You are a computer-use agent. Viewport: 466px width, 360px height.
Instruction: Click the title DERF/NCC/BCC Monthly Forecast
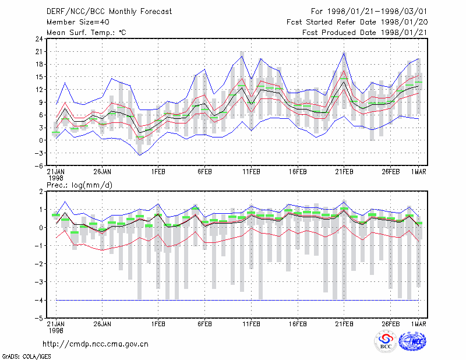pos(109,12)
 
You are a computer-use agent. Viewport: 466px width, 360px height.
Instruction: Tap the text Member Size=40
pos(78,22)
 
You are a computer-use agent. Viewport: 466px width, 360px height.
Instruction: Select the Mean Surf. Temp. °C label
pos(86,33)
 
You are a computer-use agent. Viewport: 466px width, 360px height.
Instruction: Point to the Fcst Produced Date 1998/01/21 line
pos(365,33)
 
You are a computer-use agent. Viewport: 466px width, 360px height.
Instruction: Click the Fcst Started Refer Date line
pos(357,22)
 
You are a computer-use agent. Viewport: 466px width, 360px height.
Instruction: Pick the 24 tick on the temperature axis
pos(39,39)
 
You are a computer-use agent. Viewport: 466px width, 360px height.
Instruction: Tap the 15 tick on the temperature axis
pos(39,77)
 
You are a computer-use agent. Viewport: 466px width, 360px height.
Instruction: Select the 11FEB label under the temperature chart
pos(252,172)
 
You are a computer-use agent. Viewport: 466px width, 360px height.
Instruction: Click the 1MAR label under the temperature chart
pos(418,172)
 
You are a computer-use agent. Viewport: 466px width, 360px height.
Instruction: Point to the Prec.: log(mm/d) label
pos(79,185)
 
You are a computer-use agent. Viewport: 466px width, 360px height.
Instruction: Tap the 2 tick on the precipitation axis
pos(41,192)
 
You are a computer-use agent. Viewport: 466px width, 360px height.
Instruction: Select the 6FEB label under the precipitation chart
pos(205,324)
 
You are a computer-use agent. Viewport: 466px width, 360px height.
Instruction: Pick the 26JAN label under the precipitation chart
pos(103,324)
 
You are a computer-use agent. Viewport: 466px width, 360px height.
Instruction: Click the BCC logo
pos(386,342)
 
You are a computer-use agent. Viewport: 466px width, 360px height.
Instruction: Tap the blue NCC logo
pos(412,341)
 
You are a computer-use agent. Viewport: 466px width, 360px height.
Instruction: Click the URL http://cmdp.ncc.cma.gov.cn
pos(96,344)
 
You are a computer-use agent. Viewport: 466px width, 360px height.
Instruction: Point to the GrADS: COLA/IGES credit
pos(27,357)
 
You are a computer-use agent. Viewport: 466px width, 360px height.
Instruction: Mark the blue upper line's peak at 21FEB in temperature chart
pos(344,53)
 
